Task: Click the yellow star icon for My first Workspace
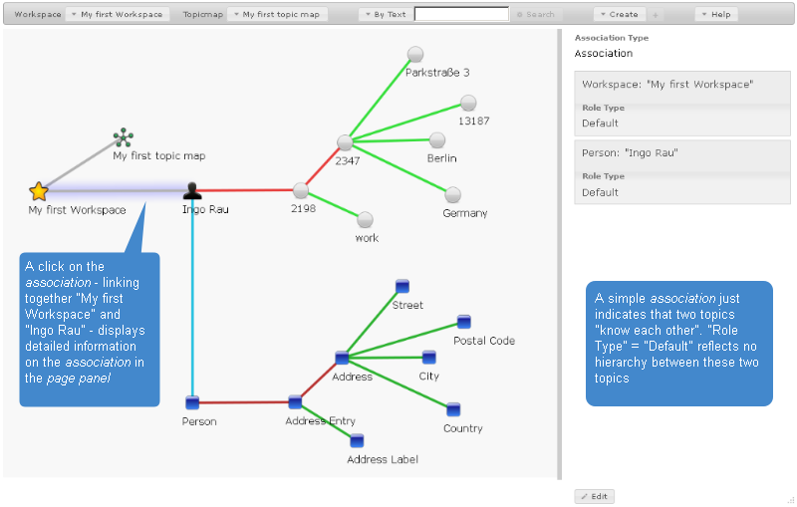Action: pos(39,191)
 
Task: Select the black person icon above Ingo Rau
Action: pos(192,190)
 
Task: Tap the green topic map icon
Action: pos(123,137)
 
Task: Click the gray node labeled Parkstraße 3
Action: pos(415,54)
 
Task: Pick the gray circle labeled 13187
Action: pos(468,103)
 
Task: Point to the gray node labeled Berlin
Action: pos(436,140)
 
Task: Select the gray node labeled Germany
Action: pos(452,194)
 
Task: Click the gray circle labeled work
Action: pos(365,219)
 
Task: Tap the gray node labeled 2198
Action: pos(301,189)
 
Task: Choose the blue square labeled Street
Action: pos(402,286)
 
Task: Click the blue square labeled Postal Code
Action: pos(463,322)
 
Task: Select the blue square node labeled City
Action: pos(428,357)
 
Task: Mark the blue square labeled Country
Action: pos(453,408)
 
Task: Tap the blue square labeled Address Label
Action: pos(357,440)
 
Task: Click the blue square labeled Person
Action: pos(192,402)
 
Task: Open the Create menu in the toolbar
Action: pos(620,15)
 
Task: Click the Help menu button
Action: pos(716,15)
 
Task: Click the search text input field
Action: pos(461,15)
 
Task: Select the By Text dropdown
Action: pos(385,15)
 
